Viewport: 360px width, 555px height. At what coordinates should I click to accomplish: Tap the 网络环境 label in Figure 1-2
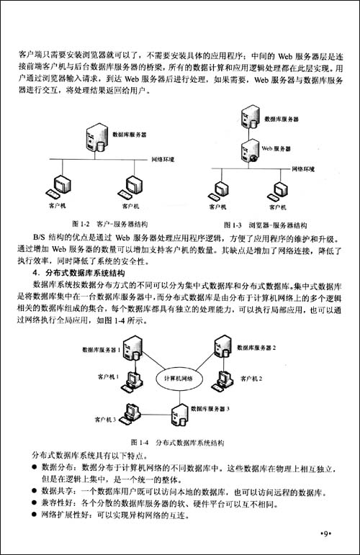(x=163, y=158)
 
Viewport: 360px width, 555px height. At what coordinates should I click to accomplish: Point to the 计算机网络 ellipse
(x=179, y=378)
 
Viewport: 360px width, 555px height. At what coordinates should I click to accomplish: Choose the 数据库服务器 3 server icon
(x=177, y=411)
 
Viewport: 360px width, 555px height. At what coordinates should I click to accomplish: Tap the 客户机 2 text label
(x=251, y=378)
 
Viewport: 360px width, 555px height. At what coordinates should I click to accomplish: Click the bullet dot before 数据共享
(x=35, y=490)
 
